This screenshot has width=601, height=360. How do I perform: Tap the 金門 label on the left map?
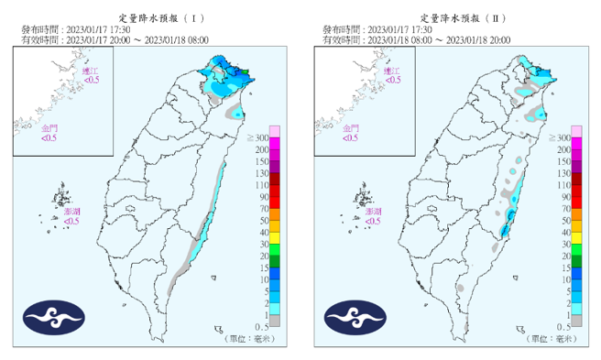(50, 129)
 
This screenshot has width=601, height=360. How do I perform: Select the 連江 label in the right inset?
(392, 71)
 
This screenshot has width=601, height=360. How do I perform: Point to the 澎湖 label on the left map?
(71, 211)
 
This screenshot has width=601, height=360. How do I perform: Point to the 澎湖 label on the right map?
(373, 211)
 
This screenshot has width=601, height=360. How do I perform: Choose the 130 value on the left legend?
(260, 173)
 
